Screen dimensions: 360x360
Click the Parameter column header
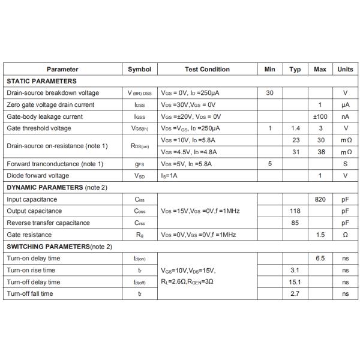[62, 69]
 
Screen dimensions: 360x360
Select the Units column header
[345, 69]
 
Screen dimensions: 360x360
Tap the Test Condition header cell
[207, 69]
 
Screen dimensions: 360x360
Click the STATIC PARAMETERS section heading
[41, 81]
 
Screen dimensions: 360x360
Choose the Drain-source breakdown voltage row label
[53, 93]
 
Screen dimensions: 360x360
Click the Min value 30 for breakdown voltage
[269, 93]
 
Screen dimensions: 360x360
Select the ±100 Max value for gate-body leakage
[320, 116]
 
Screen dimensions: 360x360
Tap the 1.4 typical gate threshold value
[295, 128]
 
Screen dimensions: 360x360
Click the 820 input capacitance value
[320, 199]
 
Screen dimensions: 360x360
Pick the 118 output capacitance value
[295, 211]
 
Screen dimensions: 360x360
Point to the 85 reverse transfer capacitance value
[295, 223]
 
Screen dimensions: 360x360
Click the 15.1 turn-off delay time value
[295, 282]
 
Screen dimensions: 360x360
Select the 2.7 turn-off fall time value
[295, 294]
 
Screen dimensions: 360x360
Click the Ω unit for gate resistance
[345, 235]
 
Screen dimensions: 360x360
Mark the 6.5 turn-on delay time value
[320, 259]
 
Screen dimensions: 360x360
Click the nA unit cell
[345, 116]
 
